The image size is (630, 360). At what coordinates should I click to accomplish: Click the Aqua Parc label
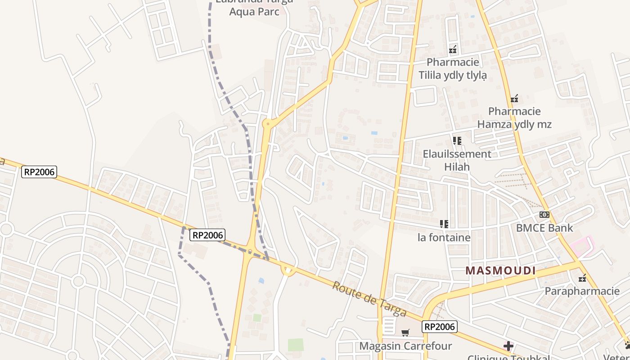coord(254,11)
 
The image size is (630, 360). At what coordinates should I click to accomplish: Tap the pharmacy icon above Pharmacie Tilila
coord(453,49)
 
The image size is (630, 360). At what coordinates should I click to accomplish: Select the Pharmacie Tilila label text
coord(453,68)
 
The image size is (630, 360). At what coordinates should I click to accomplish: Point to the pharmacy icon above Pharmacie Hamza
coord(514,99)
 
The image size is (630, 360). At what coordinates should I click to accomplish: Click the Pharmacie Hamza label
coord(514,117)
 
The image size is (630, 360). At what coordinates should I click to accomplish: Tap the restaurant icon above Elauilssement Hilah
coord(457,141)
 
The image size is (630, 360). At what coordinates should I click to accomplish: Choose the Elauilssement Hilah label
coord(457,160)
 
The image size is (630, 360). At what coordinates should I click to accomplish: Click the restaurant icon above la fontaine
coord(444,224)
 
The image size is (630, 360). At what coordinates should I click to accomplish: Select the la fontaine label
coord(444,237)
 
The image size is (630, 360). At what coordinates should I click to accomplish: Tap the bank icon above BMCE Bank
coord(544,215)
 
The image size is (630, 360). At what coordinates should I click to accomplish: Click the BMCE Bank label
coord(544,228)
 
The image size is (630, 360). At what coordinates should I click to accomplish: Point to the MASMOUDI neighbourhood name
coord(500,270)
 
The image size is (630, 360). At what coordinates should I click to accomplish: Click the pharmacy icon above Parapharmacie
coord(582,278)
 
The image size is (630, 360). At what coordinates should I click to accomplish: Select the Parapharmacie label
coord(582,291)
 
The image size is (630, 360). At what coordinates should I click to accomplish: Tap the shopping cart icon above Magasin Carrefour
coord(405,333)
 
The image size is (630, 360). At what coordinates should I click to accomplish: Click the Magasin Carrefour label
coord(405,346)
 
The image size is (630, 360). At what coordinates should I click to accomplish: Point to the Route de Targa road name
coord(369,299)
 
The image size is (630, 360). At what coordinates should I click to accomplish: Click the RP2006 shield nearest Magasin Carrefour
coord(440,327)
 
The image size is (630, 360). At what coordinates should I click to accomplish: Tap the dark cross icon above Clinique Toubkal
coord(508,346)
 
